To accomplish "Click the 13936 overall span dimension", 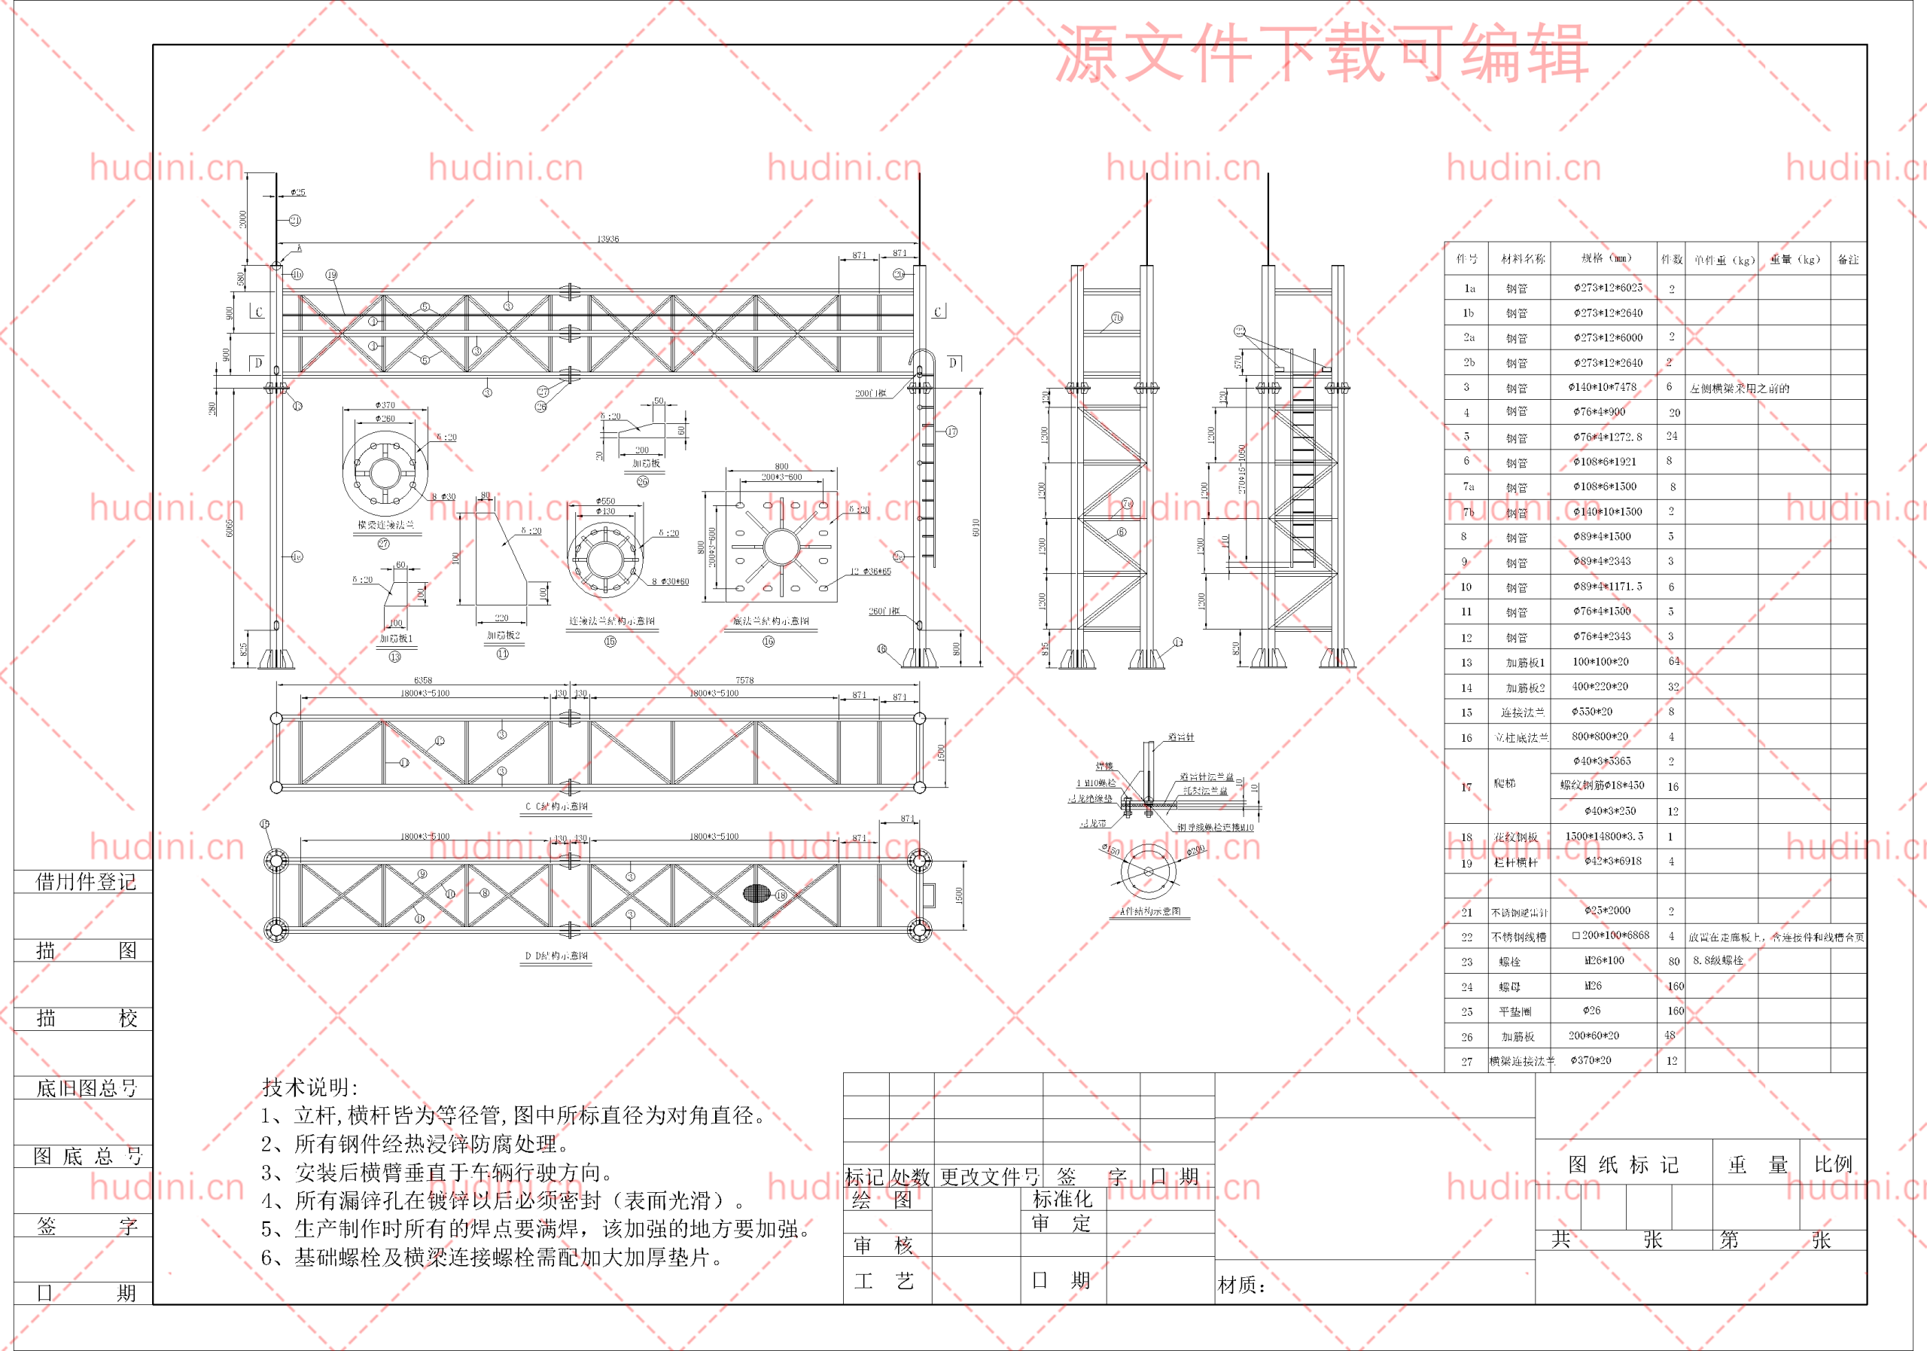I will click(x=607, y=239).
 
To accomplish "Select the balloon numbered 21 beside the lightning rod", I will click(x=294, y=220).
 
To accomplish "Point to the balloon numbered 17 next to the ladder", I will click(x=951, y=432).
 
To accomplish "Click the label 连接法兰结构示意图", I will click(x=611, y=621).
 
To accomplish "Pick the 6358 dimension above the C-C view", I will click(x=423, y=680).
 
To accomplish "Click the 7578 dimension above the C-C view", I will click(x=744, y=680).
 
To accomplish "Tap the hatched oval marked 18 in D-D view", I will click(x=756, y=893).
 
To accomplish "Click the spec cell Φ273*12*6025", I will click(x=1608, y=288).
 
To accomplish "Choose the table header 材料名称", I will click(x=1524, y=260).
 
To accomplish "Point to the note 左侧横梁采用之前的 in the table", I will click(x=1740, y=389).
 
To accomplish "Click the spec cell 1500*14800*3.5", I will click(x=1605, y=837).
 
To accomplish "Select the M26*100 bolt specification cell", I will click(x=1604, y=961).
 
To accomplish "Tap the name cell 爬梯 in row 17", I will click(x=1505, y=783).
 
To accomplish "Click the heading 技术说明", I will click(x=309, y=1087).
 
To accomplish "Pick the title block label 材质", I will click(x=1241, y=1285).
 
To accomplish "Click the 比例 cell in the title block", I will click(x=1833, y=1163).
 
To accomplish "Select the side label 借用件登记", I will click(x=86, y=882).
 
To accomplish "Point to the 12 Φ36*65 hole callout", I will click(x=870, y=572).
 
